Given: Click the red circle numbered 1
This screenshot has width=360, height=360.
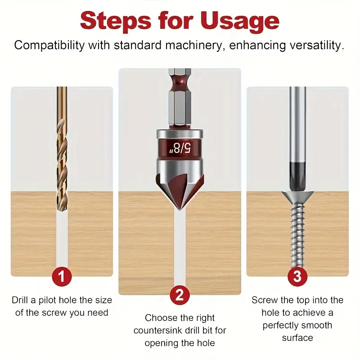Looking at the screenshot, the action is [62, 276].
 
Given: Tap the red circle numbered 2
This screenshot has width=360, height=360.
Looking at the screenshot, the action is [180, 295].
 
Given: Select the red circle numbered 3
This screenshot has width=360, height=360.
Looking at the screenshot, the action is [297, 276].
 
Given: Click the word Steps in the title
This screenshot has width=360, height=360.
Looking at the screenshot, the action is [116, 21].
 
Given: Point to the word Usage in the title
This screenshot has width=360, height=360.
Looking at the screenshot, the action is [240, 22].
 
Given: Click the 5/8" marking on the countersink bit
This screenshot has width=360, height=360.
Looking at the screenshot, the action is [180, 148].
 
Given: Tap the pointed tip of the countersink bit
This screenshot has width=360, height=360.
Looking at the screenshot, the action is [180, 210].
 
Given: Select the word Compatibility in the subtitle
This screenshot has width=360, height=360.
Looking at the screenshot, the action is [49, 45].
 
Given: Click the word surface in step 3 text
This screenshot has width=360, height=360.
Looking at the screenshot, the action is [297, 338].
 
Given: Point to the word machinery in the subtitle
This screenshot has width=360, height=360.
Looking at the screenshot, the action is [194, 45].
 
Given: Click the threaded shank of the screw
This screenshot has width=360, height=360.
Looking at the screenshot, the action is [297, 237].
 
